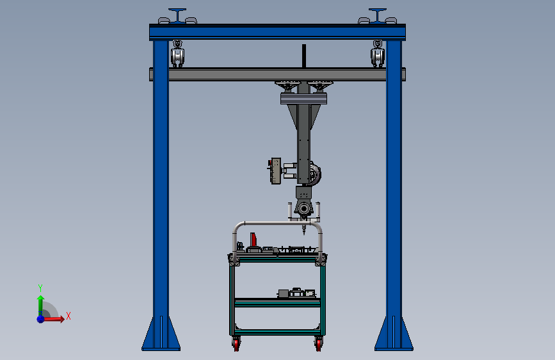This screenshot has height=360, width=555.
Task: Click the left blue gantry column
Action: point(160,192)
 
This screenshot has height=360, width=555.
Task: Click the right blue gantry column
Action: point(394,192)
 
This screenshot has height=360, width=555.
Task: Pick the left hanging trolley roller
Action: point(177,54)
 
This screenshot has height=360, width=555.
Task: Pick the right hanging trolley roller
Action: point(378,54)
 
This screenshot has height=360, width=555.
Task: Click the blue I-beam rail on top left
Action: point(177,15)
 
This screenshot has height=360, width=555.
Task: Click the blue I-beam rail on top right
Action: point(378,15)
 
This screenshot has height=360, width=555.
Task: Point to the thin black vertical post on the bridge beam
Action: point(304,56)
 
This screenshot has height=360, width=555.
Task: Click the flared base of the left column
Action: point(160,334)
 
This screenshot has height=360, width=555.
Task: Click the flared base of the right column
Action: point(394,334)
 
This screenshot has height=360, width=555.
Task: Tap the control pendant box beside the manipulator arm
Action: point(276,171)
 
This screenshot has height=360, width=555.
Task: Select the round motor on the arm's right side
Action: point(317,174)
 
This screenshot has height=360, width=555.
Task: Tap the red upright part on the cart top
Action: point(254,240)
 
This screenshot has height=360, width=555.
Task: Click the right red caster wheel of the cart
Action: point(318,345)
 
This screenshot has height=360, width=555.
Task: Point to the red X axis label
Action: point(68,316)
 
